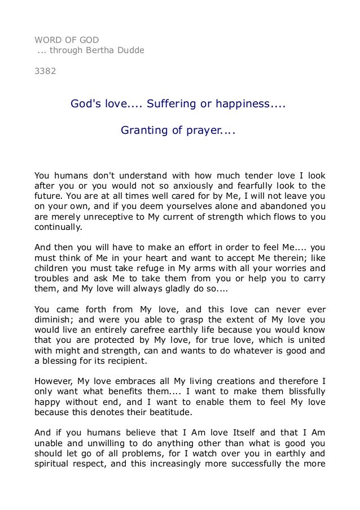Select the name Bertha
[x=100, y=50]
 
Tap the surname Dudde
[x=130, y=50]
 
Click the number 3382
[x=45, y=72]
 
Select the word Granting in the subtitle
[x=143, y=131]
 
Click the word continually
[x=58, y=228]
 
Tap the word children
[x=52, y=268]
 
